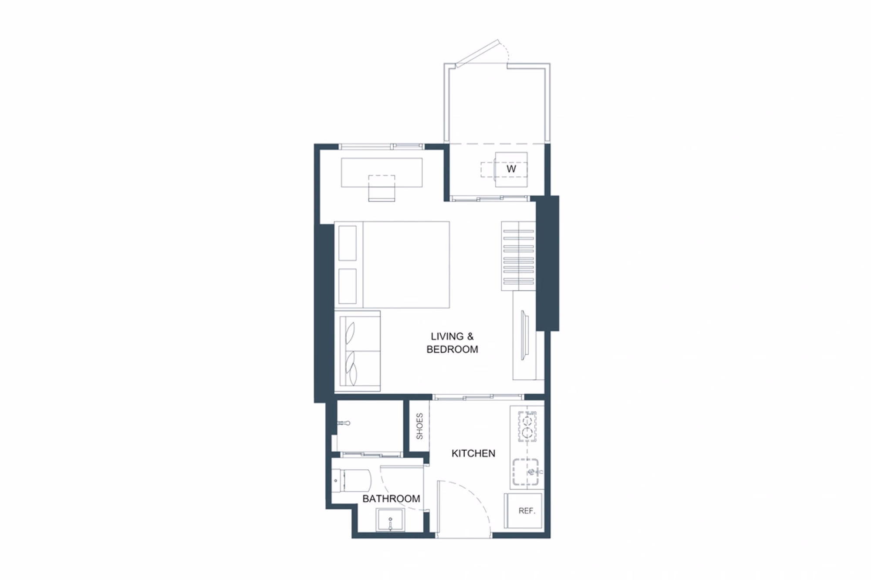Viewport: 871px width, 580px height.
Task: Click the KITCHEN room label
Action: pyautogui.click(x=473, y=453)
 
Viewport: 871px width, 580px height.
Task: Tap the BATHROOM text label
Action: pyautogui.click(x=391, y=499)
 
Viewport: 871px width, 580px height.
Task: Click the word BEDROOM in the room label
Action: pyautogui.click(x=452, y=349)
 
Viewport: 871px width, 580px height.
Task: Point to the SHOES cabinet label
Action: pyautogui.click(x=419, y=426)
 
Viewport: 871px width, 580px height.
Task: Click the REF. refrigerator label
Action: pyautogui.click(x=527, y=511)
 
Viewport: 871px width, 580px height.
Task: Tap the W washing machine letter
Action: pyautogui.click(x=511, y=169)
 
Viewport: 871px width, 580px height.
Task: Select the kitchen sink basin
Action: pyautogui.click(x=526, y=472)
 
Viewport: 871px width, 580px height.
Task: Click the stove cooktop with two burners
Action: pyautogui.click(x=527, y=426)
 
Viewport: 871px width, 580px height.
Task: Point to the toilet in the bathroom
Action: pyautogui.click(x=351, y=480)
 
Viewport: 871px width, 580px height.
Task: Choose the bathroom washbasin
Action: pyautogui.click(x=390, y=520)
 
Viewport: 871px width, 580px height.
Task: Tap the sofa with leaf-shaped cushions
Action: pyautogui.click(x=358, y=351)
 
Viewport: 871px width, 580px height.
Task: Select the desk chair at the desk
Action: pyautogui.click(x=381, y=188)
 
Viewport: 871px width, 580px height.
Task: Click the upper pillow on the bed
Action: pyautogui.click(x=348, y=243)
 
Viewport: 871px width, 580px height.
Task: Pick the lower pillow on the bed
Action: pyautogui.click(x=348, y=286)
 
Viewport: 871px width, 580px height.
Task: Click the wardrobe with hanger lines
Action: pyautogui.click(x=518, y=256)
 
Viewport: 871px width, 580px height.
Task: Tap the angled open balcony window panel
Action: pyautogui.click(x=477, y=53)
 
